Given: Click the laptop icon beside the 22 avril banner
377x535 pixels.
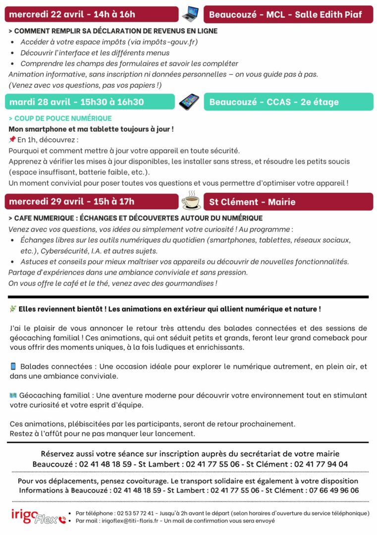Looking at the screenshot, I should tap(191, 14).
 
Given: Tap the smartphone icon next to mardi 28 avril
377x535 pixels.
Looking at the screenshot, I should tap(189, 102).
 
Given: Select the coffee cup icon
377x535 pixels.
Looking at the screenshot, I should tap(191, 201).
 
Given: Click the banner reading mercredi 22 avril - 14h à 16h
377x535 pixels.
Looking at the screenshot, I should tap(91, 14).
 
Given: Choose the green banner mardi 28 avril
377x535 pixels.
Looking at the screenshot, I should tap(90, 102).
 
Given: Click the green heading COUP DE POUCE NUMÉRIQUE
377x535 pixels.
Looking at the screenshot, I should tap(60, 118).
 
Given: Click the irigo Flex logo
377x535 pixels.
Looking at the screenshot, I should tap(38, 516).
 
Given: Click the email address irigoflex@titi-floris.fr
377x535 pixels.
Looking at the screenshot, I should tap(133, 521).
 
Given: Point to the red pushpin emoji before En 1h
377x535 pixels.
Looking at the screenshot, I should tap(12, 140).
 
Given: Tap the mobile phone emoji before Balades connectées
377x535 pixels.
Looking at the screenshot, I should tap(13, 367).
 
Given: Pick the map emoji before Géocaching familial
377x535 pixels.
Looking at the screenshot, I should tap(13, 395).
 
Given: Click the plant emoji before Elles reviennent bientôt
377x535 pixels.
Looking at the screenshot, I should tap(13, 309).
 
